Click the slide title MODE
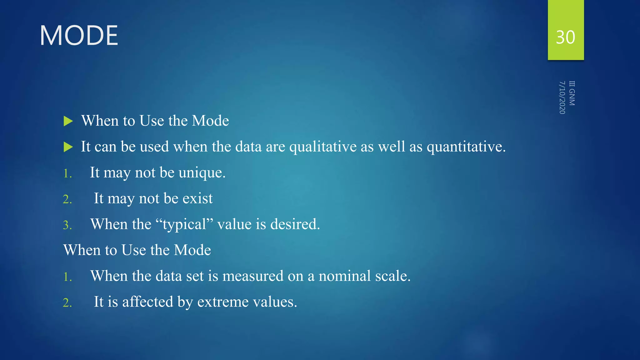79,36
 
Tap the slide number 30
565,37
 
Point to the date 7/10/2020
562,97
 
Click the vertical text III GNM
572,93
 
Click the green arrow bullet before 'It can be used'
68,147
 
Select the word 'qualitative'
323,147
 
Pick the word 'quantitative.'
466,147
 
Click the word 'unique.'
202,173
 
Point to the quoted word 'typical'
184,224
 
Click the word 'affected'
147,302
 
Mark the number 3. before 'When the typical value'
67,225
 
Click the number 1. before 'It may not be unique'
67,174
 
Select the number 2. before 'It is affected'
67,303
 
